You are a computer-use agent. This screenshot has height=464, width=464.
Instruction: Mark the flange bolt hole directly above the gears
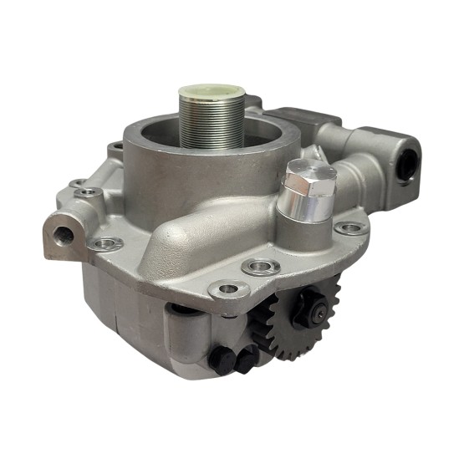[x=258, y=268]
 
